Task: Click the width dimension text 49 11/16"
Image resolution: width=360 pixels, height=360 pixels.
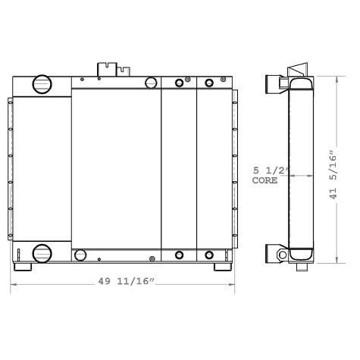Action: (x=127, y=283)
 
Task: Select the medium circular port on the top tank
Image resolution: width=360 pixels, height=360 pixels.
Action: (x=150, y=82)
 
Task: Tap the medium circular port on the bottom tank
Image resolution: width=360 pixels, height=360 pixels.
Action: (x=150, y=255)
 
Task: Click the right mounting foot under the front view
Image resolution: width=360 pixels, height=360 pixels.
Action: (x=223, y=268)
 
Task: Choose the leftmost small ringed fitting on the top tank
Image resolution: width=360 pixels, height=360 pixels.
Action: (x=179, y=83)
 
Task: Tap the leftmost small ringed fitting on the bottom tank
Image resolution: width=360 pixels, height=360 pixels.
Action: (x=179, y=255)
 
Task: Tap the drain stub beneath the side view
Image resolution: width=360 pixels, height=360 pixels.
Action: (x=301, y=268)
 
